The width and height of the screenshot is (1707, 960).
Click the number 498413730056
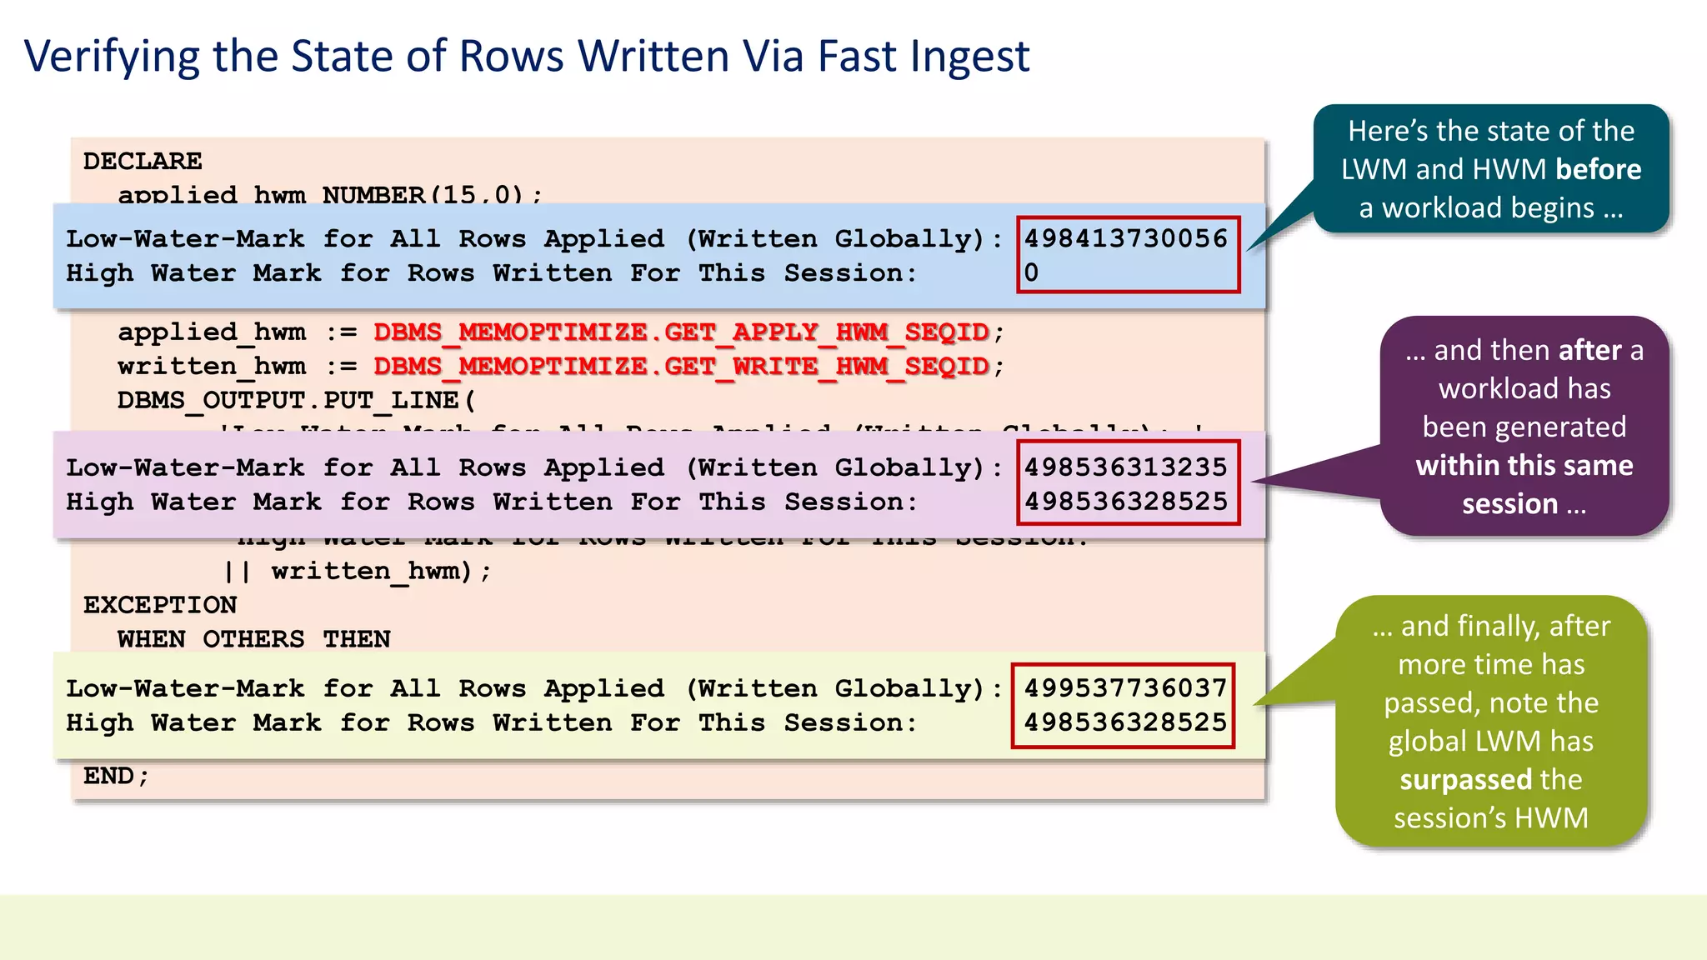tap(1125, 238)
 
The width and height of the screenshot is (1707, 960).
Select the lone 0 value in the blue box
tap(1031, 272)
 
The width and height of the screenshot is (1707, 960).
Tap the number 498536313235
tap(1125, 467)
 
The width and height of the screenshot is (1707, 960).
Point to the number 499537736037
tap(1125, 688)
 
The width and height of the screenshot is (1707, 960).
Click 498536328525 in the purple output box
tap(1125, 502)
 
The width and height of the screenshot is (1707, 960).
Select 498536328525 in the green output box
tap(1125, 722)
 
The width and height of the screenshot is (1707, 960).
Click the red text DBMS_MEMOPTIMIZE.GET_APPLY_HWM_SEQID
tap(681, 332)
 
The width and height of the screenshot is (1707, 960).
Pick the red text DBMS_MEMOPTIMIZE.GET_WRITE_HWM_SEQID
tap(681, 366)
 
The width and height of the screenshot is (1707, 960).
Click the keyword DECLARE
tap(143, 161)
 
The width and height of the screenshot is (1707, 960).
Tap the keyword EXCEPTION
tap(160, 605)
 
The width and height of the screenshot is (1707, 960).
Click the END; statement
tap(116, 776)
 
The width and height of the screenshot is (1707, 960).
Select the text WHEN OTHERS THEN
tap(253, 639)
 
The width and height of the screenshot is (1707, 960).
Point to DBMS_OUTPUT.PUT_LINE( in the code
tap(297, 401)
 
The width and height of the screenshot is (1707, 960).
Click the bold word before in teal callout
tap(1598, 169)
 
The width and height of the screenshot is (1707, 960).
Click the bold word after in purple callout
tap(1589, 350)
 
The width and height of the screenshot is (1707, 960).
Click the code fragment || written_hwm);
tap(358, 572)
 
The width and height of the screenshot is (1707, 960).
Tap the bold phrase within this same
tap(1524, 465)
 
